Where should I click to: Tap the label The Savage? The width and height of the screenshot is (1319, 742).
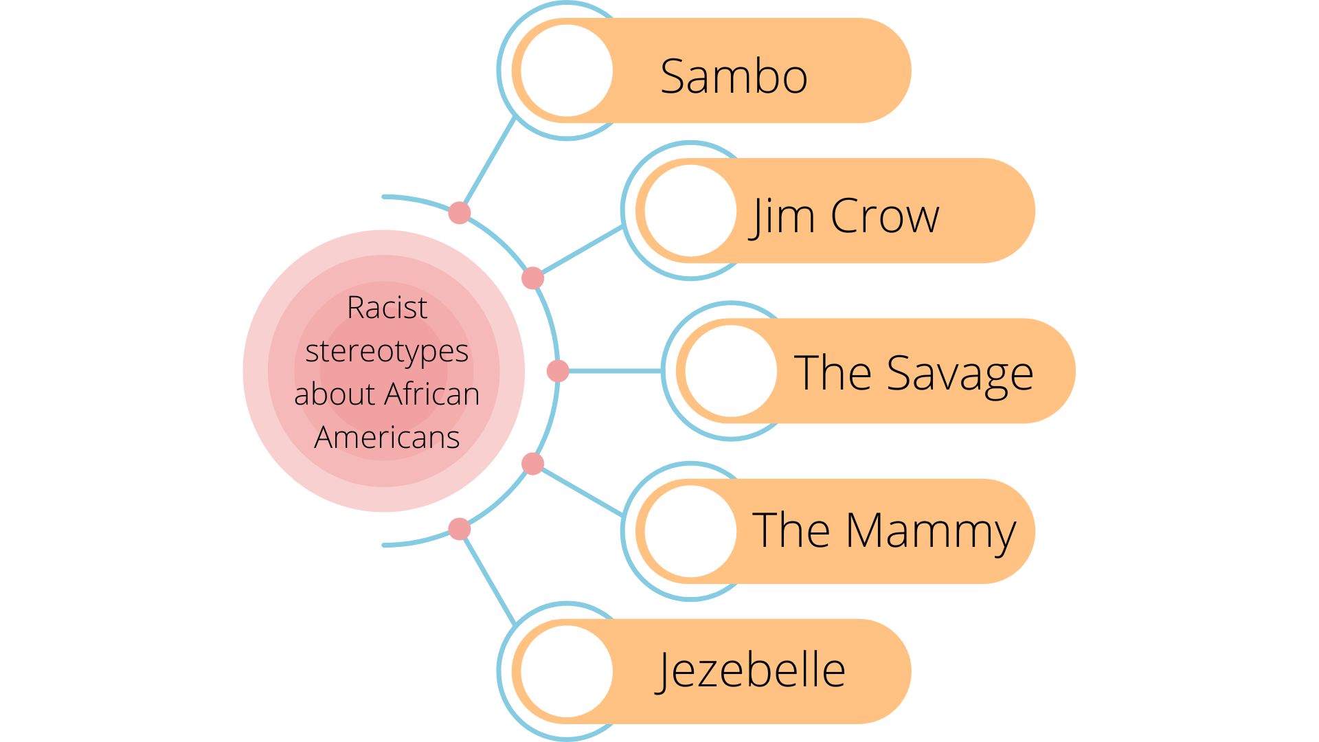click(x=913, y=373)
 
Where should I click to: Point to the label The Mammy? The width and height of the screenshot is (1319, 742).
click(x=883, y=530)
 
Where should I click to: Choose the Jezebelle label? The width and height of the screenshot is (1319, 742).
click(x=750, y=671)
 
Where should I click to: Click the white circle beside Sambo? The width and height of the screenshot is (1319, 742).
click(x=567, y=70)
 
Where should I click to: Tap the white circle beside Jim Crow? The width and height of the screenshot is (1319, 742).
click(x=690, y=211)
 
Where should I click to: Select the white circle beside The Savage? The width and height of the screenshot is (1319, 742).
click(x=731, y=371)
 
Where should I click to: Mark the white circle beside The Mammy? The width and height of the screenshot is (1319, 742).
click(x=690, y=531)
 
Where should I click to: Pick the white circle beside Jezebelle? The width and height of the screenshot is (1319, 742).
click(x=567, y=671)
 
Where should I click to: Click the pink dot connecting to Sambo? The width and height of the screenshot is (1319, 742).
click(x=460, y=213)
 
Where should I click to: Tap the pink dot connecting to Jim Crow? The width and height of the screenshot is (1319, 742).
click(x=532, y=278)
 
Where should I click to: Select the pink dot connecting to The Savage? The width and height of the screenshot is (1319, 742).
click(x=558, y=371)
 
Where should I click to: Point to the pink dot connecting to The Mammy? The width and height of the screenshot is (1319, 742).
click(x=532, y=464)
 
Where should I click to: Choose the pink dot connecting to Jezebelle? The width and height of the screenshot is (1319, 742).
click(x=460, y=529)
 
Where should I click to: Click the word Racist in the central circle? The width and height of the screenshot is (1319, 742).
click(x=387, y=307)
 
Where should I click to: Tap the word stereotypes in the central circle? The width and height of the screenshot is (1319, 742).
click(x=387, y=351)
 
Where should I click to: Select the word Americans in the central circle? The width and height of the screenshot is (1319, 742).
click(x=387, y=438)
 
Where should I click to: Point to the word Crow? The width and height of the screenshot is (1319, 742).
click(x=885, y=216)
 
